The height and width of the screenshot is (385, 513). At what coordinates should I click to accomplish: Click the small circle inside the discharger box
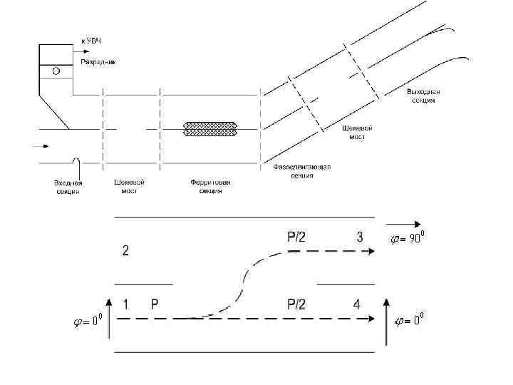point(56,71)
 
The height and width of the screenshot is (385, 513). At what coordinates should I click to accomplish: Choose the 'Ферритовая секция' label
point(211,187)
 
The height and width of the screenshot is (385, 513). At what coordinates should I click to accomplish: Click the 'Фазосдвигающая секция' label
point(302,171)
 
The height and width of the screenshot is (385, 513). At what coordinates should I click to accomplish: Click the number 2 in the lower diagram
point(125,250)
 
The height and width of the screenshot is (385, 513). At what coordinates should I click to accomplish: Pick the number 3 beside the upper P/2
point(360,237)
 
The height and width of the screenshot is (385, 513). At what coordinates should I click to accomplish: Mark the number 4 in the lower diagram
point(356,304)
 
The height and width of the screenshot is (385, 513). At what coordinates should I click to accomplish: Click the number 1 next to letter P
point(125,304)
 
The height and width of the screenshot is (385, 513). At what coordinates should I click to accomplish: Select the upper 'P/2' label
point(296,237)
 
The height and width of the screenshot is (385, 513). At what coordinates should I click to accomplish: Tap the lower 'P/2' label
point(296,304)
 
